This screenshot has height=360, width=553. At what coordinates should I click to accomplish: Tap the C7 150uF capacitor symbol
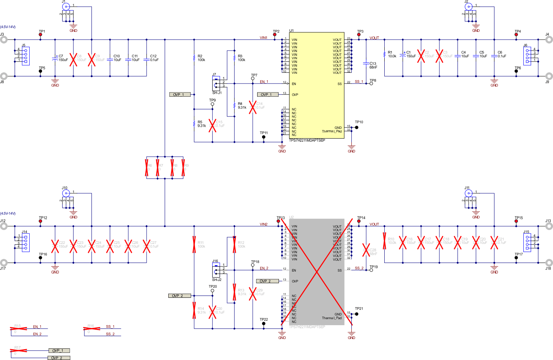point(55,58)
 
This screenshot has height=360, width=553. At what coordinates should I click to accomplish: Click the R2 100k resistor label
point(201,58)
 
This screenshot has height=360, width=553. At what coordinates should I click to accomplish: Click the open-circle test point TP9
point(213,104)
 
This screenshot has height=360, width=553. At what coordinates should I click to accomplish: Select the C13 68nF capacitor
point(366,64)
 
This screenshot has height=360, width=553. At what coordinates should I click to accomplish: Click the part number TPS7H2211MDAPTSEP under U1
point(307,140)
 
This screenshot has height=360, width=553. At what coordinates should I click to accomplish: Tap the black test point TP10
point(357,127)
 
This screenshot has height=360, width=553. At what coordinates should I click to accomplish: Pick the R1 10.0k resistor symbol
point(385,54)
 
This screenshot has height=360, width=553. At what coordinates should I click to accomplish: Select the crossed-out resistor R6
point(147,167)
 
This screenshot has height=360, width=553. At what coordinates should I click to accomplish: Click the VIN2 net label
point(264,224)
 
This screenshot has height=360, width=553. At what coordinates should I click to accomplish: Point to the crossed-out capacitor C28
point(366,250)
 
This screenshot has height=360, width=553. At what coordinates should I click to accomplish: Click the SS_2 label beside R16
point(110,334)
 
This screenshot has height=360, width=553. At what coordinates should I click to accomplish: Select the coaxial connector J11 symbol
point(468,193)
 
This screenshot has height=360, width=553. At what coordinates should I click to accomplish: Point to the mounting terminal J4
point(549,40)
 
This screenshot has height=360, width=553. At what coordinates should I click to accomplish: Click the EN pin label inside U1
point(294,84)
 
